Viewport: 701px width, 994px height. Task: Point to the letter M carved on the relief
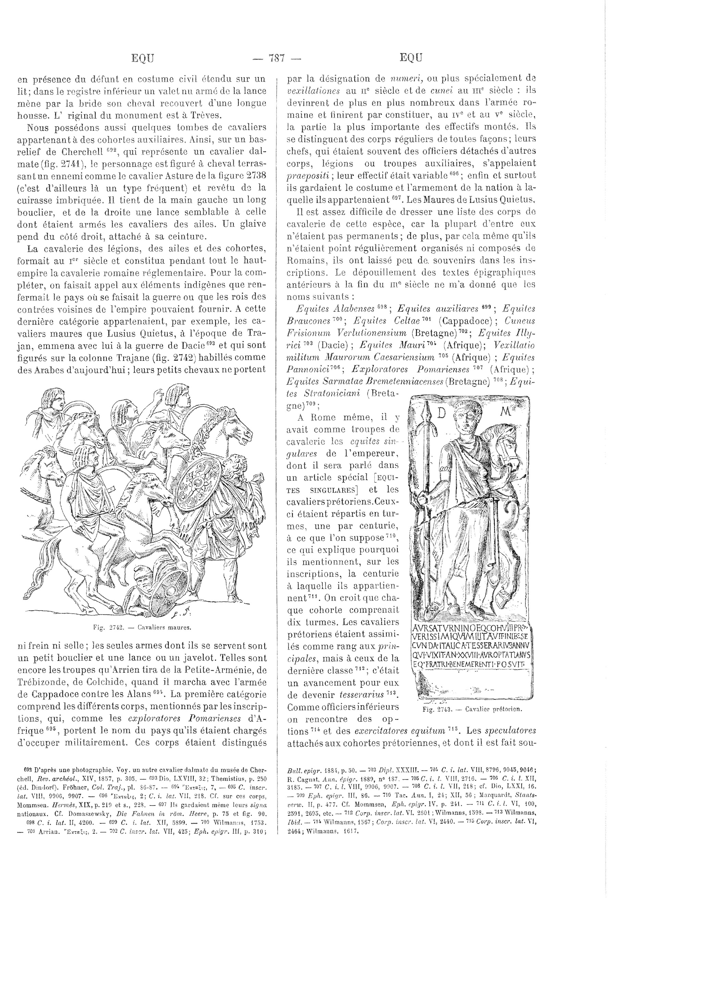pos(505,411)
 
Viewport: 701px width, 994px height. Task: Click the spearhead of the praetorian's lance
pos(426,410)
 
